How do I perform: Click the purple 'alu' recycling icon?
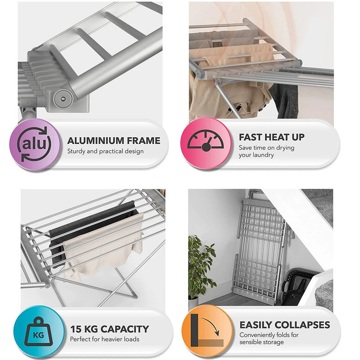click(x=35, y=144)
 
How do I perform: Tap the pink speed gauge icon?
click(x=206, y=143)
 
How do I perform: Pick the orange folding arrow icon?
click(x=207, y=331)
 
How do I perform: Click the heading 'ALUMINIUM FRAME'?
click(x=114, y=141)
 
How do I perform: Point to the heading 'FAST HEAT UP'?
click(x=272, y=137)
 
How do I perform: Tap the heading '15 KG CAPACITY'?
click(x=109, y=329)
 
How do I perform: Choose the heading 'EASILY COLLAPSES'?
click(x=285, y=325)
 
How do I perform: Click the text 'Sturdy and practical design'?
click(x=106, y=151)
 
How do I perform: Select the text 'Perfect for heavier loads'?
click(x=105, y=339)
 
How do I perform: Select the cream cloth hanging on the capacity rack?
click(x=103, y=248)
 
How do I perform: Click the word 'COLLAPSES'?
click(x=302, y=325)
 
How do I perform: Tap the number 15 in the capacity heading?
click(x=75, y=329)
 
